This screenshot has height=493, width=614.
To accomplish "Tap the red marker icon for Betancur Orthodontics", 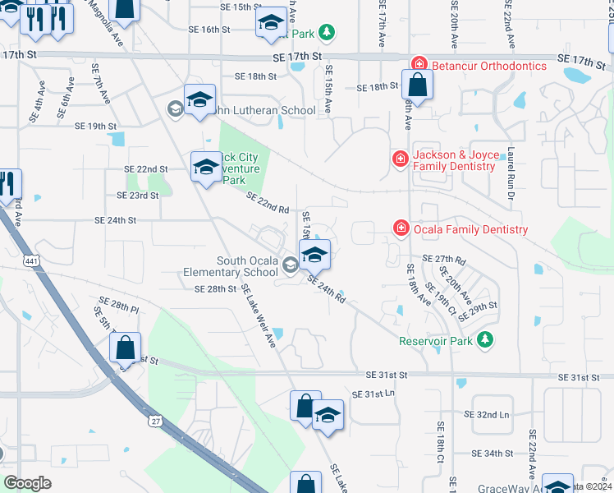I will point(419,65).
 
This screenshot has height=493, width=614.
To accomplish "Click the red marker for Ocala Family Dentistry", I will point(401,228).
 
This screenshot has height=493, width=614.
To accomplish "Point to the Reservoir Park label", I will point(437,340).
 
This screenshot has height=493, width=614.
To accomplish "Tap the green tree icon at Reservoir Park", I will point(485,339).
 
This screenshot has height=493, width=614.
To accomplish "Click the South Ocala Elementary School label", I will point(247,266).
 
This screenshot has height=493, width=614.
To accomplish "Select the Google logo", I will point(27,482).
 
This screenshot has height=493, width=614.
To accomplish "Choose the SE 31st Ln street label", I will point(373,394).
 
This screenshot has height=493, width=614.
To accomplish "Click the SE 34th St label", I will point(493,453).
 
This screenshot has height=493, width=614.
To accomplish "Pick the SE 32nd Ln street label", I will point(487,415).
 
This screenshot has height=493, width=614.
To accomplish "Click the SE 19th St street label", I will point(96,127).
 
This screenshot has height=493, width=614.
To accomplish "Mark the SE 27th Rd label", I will point(443,259).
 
